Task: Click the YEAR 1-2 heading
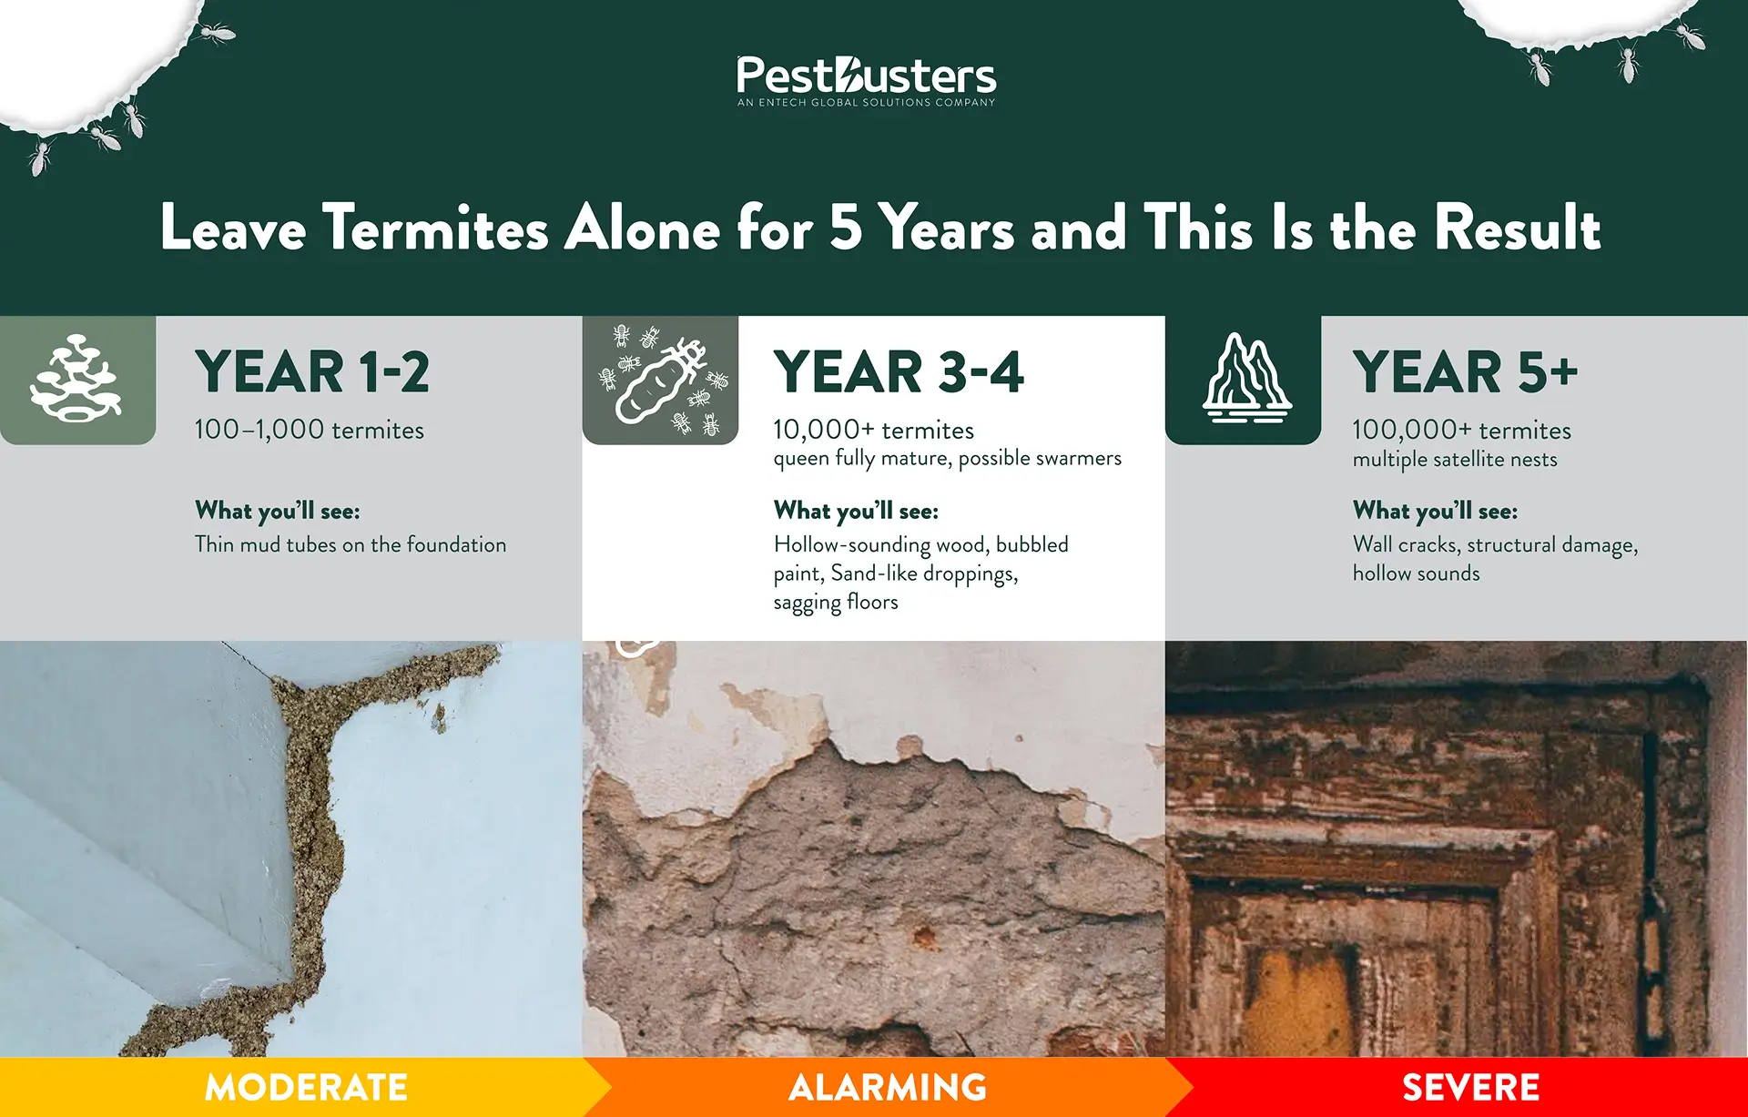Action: [312, 372]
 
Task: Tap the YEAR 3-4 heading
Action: [899, 372]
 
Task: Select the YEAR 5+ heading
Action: [1465, 372]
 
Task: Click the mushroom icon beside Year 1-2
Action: [76, 380]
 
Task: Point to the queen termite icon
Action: [660, 381]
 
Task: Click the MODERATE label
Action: [306, 1088]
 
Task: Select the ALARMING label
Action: [888, 1088]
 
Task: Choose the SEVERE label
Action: [1470, 1088]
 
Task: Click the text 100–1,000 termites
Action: [310, 430]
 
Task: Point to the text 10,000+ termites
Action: [874, 430]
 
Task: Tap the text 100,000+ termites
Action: [1462, 430]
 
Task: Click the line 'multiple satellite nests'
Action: [1455, 460]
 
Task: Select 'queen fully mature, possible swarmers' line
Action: [947, 458]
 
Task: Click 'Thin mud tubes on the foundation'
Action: [351, 544]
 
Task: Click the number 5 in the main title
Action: [846, 228]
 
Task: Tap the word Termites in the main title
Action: [436, 228]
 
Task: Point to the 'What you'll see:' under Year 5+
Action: [1435, 511]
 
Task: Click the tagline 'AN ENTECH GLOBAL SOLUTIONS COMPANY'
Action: [866, 103]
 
